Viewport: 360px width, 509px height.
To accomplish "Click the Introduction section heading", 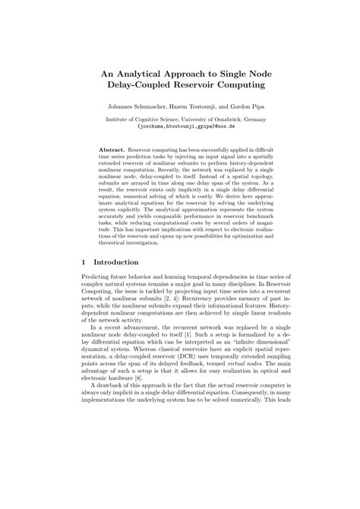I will tap(118, 261).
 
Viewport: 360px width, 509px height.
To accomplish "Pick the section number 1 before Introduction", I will tap(82, 261).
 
